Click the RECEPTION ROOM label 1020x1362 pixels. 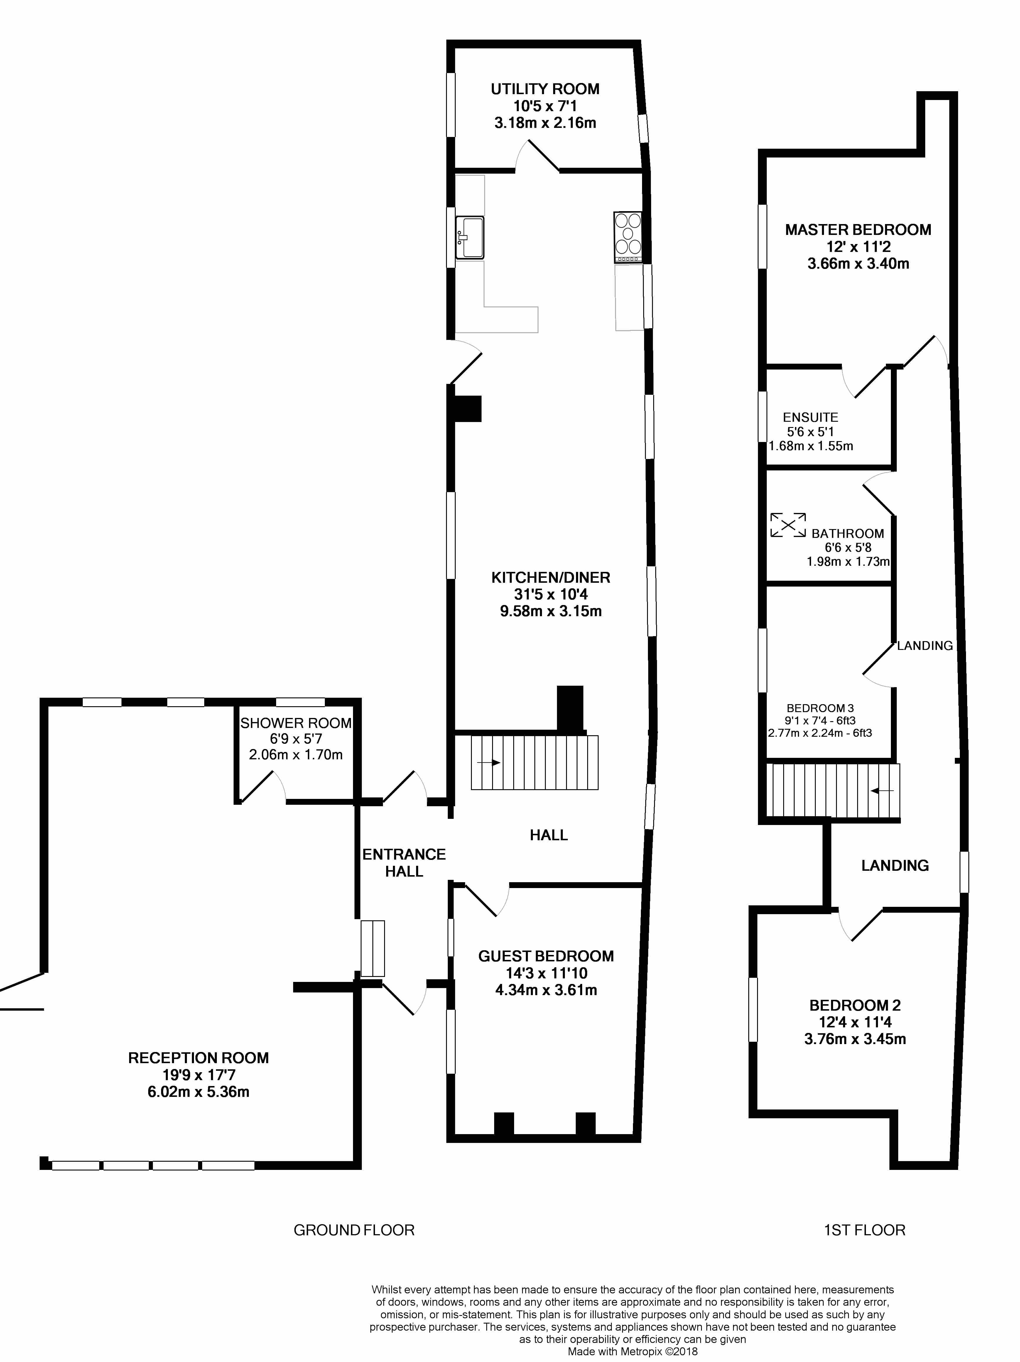pyautogui.click(x=198, y=1058)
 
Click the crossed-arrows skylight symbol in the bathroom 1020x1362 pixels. pyautogui.click(x=788, y=525)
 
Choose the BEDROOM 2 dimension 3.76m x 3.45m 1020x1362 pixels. pyautogui.click(x=855, y=1039)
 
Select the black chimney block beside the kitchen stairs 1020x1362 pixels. pyautogui.click(x=570, y=708)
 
